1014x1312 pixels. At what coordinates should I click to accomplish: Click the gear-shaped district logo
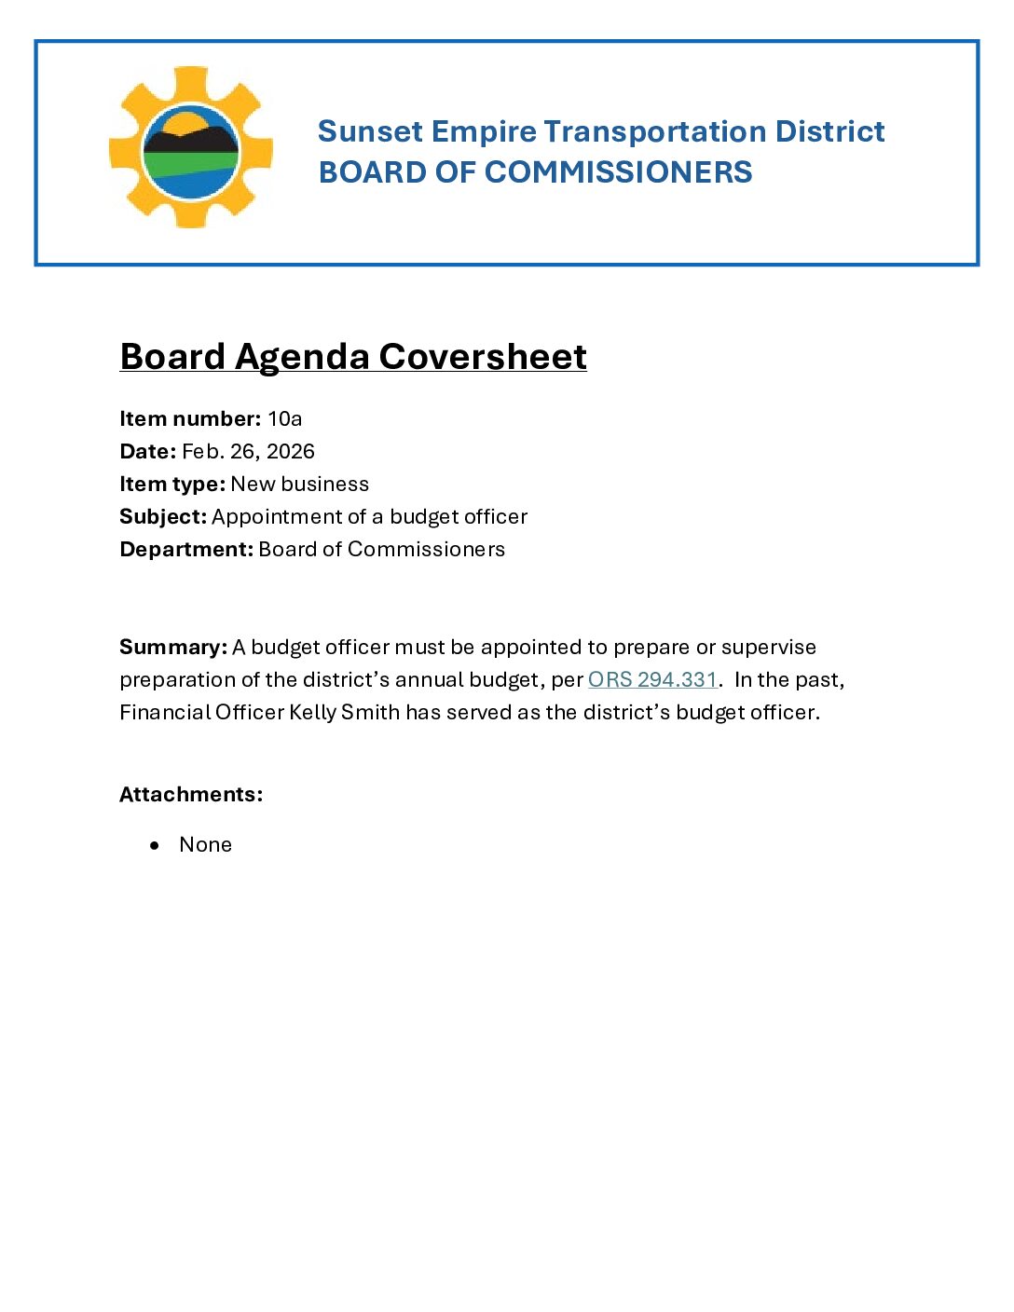(x=191, y=147)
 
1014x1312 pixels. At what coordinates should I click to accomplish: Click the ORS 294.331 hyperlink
(x=652, y=679)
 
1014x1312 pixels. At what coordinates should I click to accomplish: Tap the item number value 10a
(x=284, y=418)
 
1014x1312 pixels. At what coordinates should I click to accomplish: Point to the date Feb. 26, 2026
(x=248, y=451)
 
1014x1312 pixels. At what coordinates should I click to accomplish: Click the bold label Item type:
(x=172, y=484)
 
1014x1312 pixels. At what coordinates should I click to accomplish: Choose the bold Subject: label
(x=163, y=516)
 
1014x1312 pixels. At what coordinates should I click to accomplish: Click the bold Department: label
(x=186, y=549)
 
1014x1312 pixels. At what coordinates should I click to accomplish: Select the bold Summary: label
(x=173, y=647)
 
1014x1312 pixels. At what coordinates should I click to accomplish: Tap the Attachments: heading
(x=191, y=794)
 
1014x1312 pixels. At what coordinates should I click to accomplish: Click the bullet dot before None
(x=156, y=845)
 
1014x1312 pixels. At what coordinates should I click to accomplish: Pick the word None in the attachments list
(x=205, y=844)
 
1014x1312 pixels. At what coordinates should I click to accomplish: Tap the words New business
(x=299, y=484)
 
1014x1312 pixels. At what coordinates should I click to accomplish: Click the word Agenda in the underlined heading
(x=301, y=357)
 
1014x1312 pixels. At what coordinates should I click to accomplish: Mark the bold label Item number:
(x=190, y=418)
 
